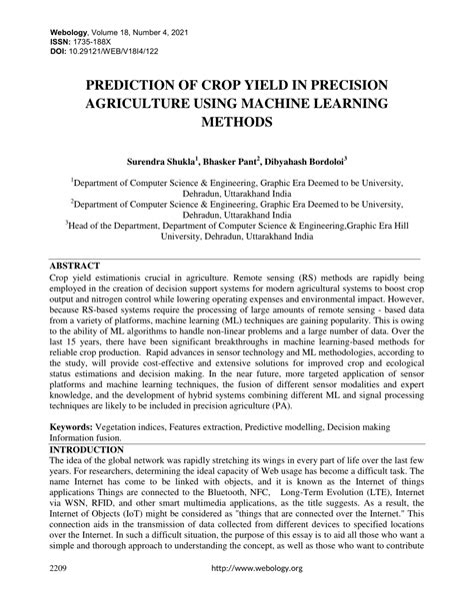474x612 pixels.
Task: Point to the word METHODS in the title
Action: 236,121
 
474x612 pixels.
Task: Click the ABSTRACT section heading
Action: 78,268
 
